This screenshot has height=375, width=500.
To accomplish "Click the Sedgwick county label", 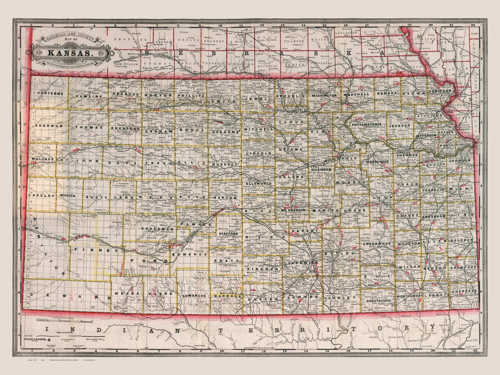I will (x=300, y=263).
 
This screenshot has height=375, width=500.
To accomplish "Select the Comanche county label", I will (x=194, y=295).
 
